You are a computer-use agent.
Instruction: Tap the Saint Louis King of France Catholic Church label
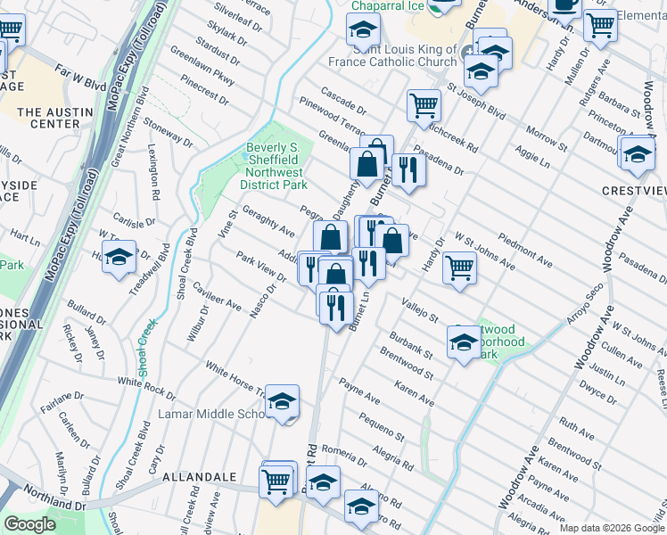click(x=405, y=56)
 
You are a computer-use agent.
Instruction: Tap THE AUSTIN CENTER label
click(x=49, y=118)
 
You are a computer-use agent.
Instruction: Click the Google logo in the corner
click(x=29, y=523)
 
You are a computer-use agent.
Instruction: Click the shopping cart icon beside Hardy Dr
click(x=458, y=266)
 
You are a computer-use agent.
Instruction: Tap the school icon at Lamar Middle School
click(x=282, y=403)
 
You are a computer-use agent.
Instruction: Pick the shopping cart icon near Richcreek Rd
click(x=424, y=104)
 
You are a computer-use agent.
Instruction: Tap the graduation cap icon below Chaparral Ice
click(x=362, y=32)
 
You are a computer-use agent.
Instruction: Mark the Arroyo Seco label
click(x=582, y=305)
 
